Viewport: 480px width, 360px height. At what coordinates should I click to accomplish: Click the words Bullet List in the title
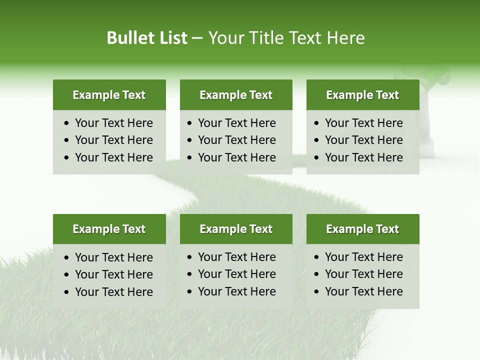pyautogui.click(x=146, y=38)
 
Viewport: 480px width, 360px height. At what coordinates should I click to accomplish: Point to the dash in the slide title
pyautogui.click(x=197, y=38)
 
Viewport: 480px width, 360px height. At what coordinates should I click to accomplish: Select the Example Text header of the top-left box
pyautogui.click(x=109, y=95)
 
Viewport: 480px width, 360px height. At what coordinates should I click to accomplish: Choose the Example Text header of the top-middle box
pyautogui.click(x=236, y=95)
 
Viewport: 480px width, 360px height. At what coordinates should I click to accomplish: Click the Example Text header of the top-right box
pyautogui.click(x=362, y=95)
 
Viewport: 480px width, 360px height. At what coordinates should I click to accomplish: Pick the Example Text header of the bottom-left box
pyautogui.click(x=109, y=229)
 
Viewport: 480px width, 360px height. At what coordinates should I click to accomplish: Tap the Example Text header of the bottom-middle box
pyautogui.click(x=236, y=229)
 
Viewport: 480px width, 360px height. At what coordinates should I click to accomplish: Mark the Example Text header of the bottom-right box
pyautogui.click(x=362, y=229)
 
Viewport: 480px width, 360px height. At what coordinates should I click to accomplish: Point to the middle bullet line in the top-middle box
pyautogui.click(x=236, y=140)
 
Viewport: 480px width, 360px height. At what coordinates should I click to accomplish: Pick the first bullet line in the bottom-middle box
pyautogui.click(x=236, y=257)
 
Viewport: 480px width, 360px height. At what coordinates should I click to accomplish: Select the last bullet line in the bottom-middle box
pyautogui.click(x=236, y=291)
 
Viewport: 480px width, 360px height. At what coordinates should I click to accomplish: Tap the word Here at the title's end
pyautogui.click(x=345, y=38)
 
